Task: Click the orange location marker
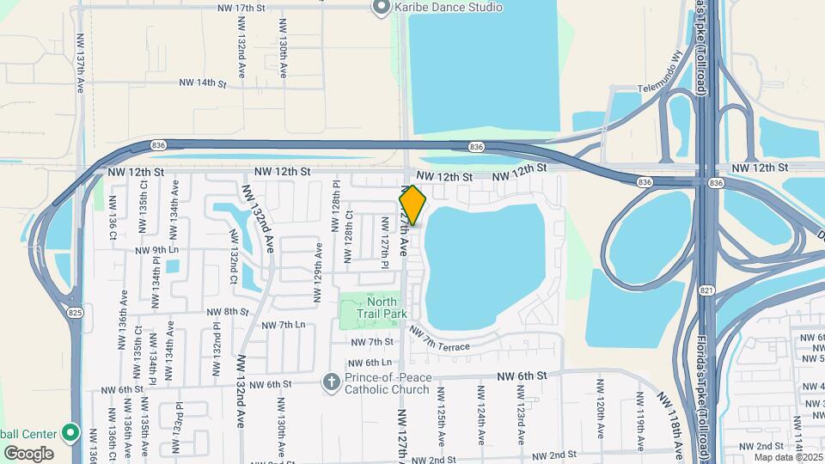click(412, 205)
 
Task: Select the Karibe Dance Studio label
click(449, 8)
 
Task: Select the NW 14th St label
click(202, 83)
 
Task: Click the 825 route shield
click(76, 314)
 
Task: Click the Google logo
click(28, 453)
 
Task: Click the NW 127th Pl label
click(386, 243)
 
